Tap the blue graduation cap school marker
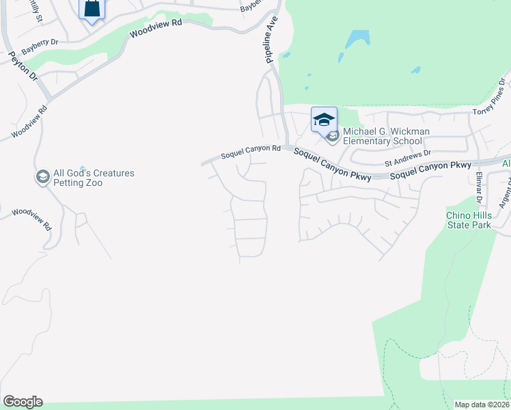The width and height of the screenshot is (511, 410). coord(324,120)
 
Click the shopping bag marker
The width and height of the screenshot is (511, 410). coord(92,9)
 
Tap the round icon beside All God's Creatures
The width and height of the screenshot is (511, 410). coord(42,178)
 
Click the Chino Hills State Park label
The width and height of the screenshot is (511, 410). coord(469,220)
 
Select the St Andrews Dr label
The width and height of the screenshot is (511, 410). coord(408,159)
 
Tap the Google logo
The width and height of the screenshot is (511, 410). coord(23,402)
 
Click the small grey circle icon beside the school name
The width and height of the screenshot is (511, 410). coord(333,137)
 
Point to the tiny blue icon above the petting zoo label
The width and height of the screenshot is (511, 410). coord(82,168)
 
